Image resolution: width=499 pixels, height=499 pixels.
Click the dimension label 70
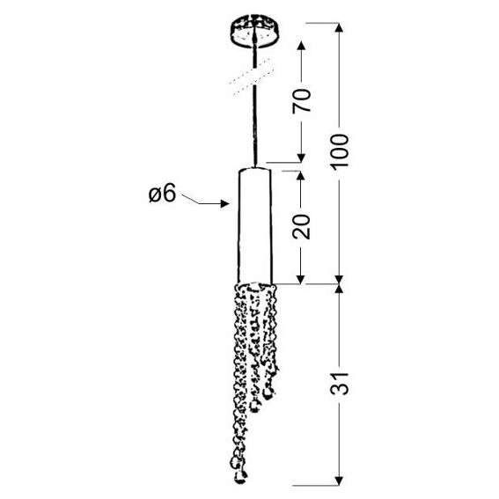301,100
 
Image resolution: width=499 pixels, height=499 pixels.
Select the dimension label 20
301,226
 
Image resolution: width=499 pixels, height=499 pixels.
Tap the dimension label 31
340,384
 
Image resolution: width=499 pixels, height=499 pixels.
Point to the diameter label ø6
162,193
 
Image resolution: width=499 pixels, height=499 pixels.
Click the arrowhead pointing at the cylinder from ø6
225,203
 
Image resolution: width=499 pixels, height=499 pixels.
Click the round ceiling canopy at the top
254,31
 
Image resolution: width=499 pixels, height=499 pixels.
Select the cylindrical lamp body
255,225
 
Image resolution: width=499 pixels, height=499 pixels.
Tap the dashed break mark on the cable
252,77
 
